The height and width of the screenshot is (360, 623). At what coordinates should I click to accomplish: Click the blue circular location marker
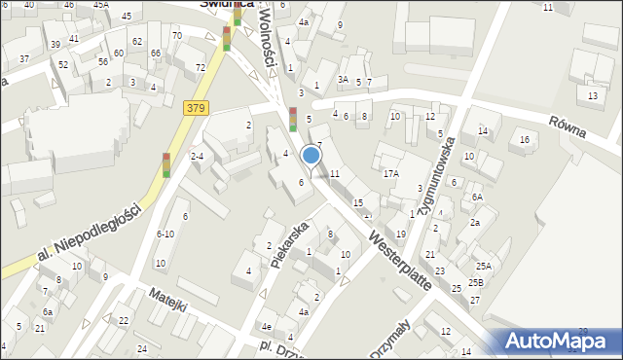tap(311, 155)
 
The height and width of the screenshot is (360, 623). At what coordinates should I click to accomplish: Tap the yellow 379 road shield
tap(194, 108)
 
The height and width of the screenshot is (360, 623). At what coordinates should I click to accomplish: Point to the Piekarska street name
tap(290, 244)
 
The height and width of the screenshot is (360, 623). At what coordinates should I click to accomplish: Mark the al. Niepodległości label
tap(79, 238)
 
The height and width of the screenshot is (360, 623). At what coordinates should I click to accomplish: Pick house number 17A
tap(390, 173)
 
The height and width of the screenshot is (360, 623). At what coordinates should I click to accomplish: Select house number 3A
tap(343, 79)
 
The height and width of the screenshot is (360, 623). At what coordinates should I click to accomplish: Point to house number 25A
tap(484, 266)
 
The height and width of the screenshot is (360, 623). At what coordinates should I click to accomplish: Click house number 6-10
tap(165, 234)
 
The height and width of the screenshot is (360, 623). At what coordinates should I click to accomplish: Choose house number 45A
tap(101, 5)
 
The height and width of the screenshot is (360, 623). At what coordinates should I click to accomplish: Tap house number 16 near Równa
tap(525, 140)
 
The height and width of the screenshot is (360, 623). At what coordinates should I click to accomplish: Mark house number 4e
tap(266, 327)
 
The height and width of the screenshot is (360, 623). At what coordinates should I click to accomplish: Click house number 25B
tap(475, 282)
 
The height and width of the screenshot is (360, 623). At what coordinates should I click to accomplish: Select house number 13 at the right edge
tap(593, 95)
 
